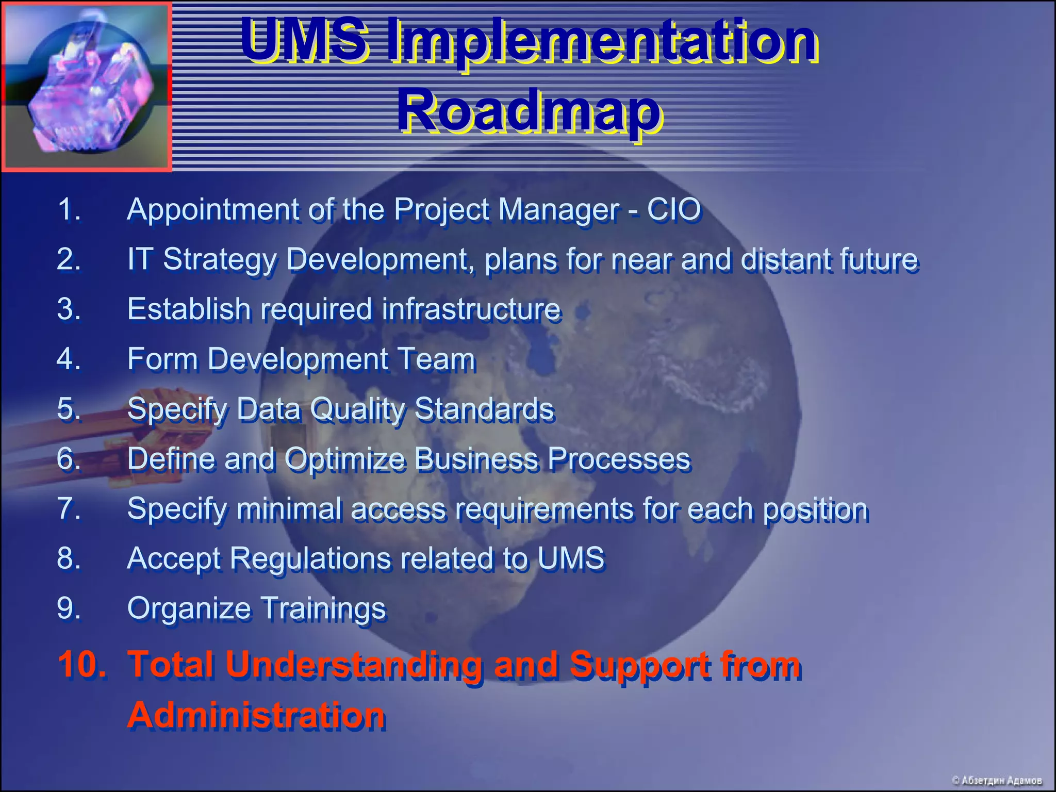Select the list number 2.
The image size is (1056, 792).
pos(69,259)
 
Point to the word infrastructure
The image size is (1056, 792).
pos(471,309)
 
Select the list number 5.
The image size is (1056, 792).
pos(69,409)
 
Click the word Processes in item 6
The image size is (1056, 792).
pos(618,459)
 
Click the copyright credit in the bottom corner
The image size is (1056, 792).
pos(996,780)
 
